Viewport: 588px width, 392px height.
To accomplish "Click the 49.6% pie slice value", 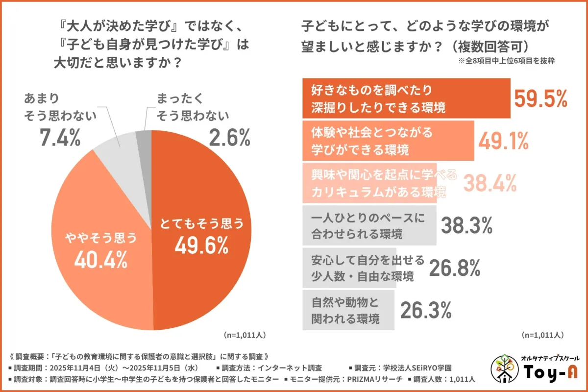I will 201,245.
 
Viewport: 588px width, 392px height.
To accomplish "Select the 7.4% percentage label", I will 60,138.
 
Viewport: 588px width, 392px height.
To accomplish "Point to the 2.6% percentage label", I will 229,138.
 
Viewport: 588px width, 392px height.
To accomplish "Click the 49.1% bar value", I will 504,141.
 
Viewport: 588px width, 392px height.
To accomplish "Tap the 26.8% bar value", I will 454,268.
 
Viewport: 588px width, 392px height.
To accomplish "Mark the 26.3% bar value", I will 426,310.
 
